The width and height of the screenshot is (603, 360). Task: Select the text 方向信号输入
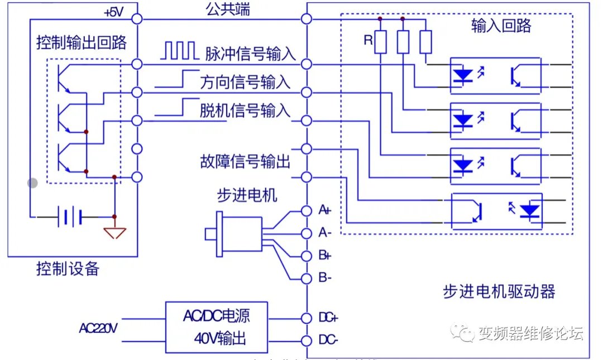tap(245, 82)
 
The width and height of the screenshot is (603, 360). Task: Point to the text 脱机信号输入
tap(245, 111)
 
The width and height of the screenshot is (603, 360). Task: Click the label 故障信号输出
tap(245, 162)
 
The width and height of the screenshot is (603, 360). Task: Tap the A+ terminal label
tap(324, 210)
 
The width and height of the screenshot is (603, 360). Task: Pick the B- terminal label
tap(324, 278)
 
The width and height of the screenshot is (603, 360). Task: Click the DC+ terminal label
tap(328, 318)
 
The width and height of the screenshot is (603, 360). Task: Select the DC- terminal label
tap(328, 340)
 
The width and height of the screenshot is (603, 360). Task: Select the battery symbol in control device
tap(69, 217)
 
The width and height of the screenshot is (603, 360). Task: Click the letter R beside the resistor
tap(367, 40)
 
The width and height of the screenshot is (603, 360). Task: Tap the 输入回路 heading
tap(501, 25)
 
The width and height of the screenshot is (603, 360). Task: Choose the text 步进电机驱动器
tap(499, 291)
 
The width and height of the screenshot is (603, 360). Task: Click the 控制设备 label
tap(68, 269)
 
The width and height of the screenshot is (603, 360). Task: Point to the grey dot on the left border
tap(33, 183)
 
